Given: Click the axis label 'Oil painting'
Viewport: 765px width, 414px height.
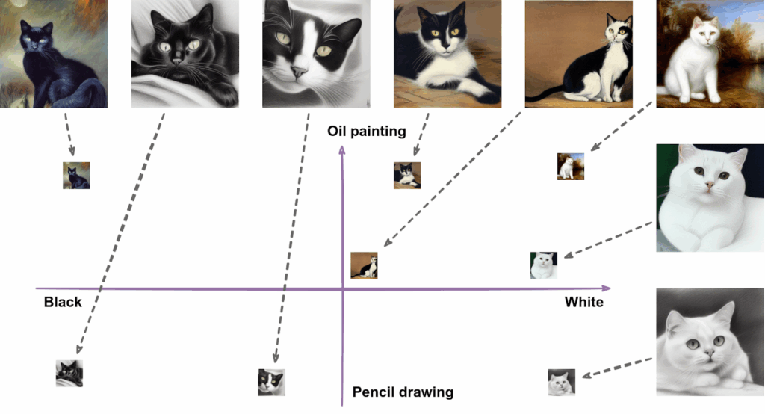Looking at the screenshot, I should [x=367, y=132].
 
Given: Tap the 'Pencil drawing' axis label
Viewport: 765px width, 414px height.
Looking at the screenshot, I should [x=403, y=392].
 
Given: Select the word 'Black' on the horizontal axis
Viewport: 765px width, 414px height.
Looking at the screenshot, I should [x=63, y=302].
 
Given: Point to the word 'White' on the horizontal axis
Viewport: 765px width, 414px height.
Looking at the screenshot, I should [x=583, y=302].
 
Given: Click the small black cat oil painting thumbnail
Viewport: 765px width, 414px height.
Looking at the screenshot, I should [x=76, y=176].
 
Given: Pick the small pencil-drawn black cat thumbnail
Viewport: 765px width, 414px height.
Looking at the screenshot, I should [x=69, y=373].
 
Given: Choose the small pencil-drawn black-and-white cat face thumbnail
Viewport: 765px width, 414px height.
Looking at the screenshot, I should [x=271, y=381].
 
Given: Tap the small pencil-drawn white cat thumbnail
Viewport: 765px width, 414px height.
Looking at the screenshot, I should [x=562, y=382].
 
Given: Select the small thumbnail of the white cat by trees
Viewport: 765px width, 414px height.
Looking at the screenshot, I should [x=570, y=167].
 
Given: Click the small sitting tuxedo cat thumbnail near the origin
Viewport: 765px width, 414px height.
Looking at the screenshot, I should [x=365, y=265].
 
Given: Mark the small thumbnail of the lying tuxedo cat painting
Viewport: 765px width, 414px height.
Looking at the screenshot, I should [x=407, y=175].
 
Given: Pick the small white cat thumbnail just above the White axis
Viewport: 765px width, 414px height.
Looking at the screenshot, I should [x=543, y=265].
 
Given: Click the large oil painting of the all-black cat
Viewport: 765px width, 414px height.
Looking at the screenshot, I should [x=54, y=54].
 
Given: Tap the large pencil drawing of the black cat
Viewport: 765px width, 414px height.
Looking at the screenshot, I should [x=185, y=54].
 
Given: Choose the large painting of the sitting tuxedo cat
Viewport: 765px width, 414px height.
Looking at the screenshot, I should [x=579, y=54].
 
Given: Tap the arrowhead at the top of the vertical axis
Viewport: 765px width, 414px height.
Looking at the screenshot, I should [x=342, y=150].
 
